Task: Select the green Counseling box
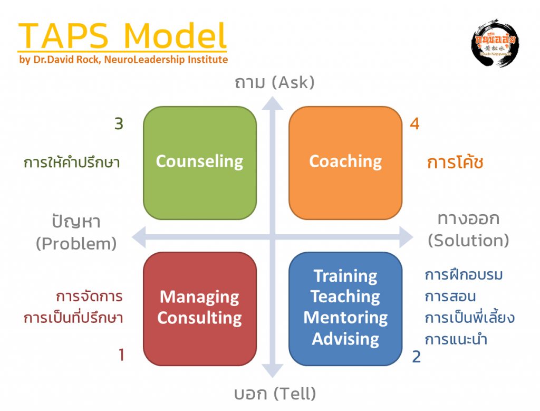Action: click(199, 163)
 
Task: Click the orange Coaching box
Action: click(345, 163)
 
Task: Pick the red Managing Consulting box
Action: click(199, 308)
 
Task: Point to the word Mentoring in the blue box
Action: click(345, 318)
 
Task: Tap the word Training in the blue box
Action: click(345, 276)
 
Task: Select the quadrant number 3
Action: click(119, 125)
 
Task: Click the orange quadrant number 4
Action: click(415, 125)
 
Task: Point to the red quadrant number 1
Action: click(121, 355)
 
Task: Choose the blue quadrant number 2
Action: click(417, 357)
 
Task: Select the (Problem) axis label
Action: click(76, 244)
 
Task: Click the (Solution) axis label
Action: click(468, 241)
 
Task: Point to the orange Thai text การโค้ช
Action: click(455, 163)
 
